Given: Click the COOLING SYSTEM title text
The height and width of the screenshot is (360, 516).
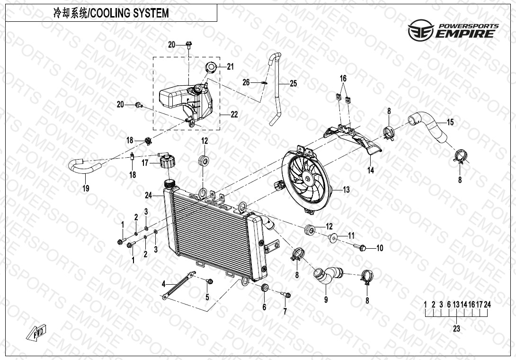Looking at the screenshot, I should click(111, 13).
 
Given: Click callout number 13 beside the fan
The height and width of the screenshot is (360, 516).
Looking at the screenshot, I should click(347, 190).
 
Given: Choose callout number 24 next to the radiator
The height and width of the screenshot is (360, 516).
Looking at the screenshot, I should click(149, 195).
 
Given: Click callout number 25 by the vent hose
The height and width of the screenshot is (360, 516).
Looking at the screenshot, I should click(294, 84).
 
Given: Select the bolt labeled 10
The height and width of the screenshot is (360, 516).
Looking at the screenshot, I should click(361, 247).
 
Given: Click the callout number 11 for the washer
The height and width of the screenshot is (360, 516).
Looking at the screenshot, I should click(351, 235).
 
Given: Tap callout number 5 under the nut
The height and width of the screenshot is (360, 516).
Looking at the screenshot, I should click(207, 297).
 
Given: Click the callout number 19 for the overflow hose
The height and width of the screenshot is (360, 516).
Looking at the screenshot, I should click(86, 188).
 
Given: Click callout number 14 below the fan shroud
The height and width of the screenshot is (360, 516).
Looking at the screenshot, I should click(371, 170).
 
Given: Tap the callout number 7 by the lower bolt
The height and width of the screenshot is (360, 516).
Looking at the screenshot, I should click(285, 311).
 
